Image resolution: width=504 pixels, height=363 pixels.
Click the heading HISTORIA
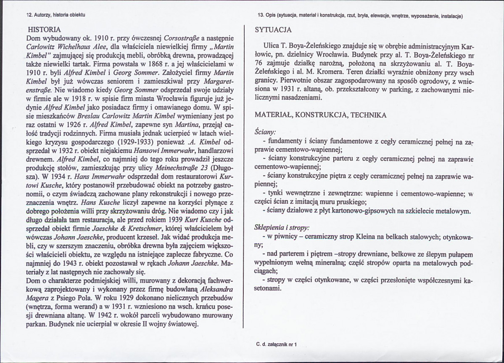pyautogui.click(x=45, y=30)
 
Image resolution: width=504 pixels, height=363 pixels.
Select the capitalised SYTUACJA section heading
pyautogui.click(x=274, y=30)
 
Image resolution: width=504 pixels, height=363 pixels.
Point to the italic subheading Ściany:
pyautogui.click(x=265, y=132)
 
